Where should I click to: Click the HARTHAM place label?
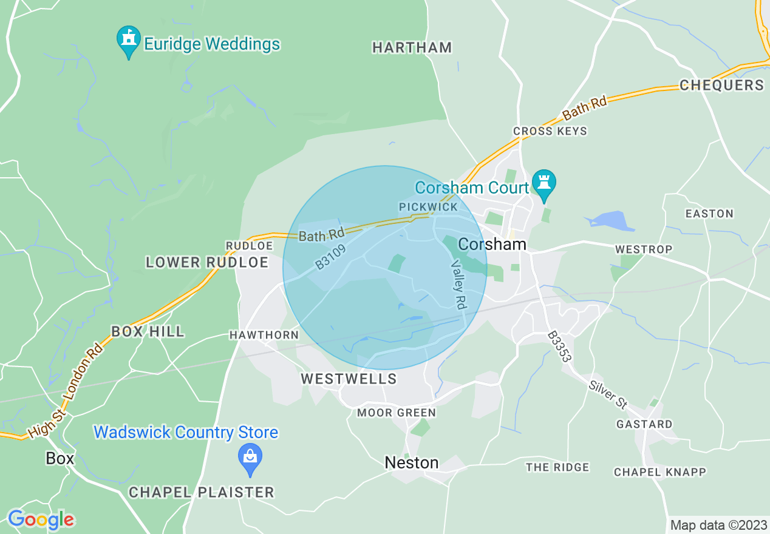pyautogui.click(x=412, y=47)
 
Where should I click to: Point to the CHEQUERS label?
pyautogui.click(x=721, y=85)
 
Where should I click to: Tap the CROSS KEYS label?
pyautogui.click(x=550, y=131)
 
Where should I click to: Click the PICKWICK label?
pyautogui.click(x=428, y=207)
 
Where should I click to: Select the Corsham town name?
pyautogui.click(x=492, y=244)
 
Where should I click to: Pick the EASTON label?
pyautogui.click(x=709, y=214)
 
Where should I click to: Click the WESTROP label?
pyautogui.click(x=644, y=249)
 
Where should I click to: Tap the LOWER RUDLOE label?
pyautogui.click(x=207, y=262)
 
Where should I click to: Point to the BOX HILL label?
pyautogui.click(x=148, y=331)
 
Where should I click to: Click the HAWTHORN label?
pyautogui.click(x=264, y=335)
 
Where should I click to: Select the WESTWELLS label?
pyautogui.click(x=349, y=379)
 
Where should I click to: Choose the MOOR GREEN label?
pyautogui.click(x=396, y=413)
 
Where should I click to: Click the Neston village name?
pyautogui.click(x=412, y=463)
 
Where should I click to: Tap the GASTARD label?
pyautogui.click(x=644, y=424)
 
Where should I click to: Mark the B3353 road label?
pyautogui.click(x=559, y=346)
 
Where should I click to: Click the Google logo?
pyautogui.click(x=41, y=520)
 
